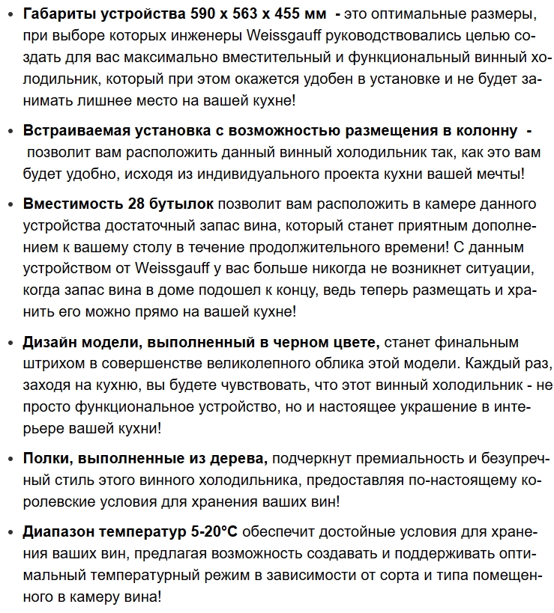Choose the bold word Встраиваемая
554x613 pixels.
click(x=71, y=131)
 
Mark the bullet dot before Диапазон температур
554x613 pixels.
click(x=10, y=533)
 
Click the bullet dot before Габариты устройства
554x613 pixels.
click(x=10, y=15)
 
